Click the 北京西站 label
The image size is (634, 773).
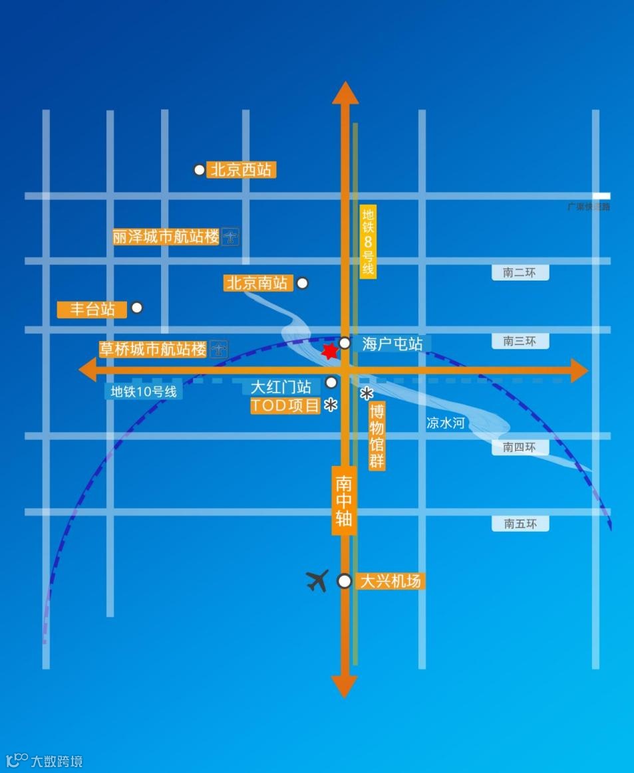[x=241, y=170]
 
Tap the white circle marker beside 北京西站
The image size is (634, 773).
[x=199, y=170]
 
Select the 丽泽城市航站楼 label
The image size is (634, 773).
[x=166, y=237]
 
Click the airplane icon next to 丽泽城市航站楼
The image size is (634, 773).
[x=231, y=237]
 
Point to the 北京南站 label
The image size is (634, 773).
[x=257, y=283]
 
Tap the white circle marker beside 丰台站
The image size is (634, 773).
[x=137, y=308]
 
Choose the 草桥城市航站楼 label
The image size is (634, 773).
[x=153, y=349]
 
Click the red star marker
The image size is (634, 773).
[x=329, y=351]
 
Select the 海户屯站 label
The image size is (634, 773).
[x=392, y=344]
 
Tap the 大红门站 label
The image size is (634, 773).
[x=281, y=387]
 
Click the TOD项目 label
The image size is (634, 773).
[x=285, y=405]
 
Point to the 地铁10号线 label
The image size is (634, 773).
[x=144, y=391]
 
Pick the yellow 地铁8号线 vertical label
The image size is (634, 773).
[x=368, y=242]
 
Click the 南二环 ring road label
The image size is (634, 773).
[x=520, y=273]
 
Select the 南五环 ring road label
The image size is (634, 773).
[x=520, y=524]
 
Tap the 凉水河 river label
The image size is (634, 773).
[x=446, y=423]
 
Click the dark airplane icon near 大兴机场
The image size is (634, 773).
[x=318, y=580]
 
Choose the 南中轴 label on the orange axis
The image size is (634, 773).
[x=344, y=500]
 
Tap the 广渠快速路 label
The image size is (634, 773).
[x=588, y=207]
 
